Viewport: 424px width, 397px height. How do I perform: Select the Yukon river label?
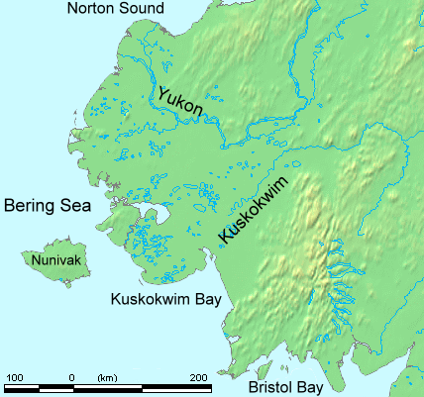tap(179, 104)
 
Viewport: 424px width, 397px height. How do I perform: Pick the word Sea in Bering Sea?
tap(75, 206)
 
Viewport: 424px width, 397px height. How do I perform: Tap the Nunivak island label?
tap(51, 260)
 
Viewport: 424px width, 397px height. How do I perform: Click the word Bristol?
tap(273, 388)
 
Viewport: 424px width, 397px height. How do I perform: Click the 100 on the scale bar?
tap(15, 378)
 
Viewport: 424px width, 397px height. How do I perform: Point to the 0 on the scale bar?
tap(71, 378)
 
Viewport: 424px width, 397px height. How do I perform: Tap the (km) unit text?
tap(106, 378)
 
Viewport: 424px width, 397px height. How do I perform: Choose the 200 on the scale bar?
tap(198, 378)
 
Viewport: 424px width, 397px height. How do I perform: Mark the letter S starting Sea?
tap(64, 206)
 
